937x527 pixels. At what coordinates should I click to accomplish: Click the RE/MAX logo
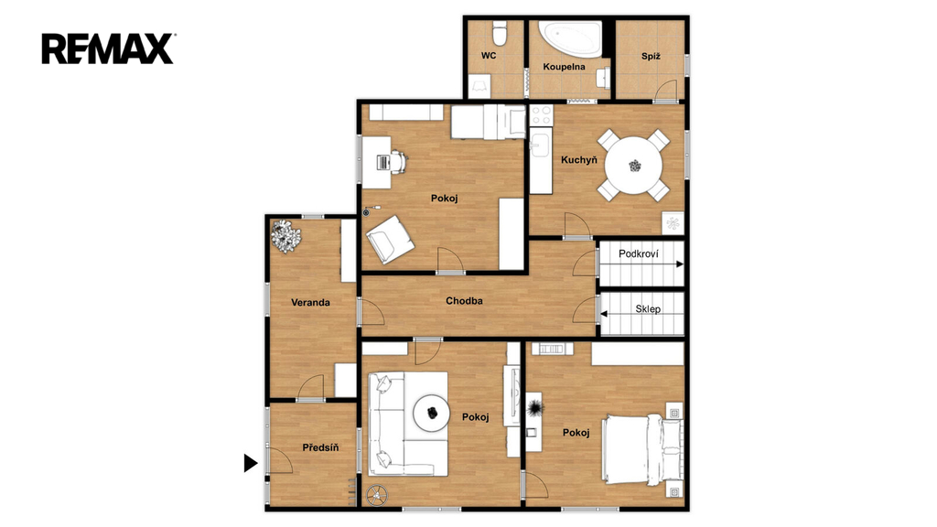(x=108, y=48)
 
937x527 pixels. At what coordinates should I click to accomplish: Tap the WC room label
(x=489, y=56)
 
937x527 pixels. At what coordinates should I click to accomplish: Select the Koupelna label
(x=564, y=66)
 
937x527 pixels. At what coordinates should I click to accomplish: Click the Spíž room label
(x=651, y=56)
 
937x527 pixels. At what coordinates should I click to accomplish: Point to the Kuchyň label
(x=578, y=159)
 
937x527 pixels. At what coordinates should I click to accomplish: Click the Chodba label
(x=464, y=300)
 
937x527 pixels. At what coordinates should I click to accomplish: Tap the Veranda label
(x=310, y=302)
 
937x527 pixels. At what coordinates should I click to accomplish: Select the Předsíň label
(x=320, y=446)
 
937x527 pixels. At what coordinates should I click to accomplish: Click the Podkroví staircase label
(x=638, y=254)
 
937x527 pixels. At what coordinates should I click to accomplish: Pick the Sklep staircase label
(x=648, y=309)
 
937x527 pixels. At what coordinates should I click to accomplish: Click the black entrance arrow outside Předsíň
(x=251, y=462)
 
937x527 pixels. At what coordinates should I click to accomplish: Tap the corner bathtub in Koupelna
(x=570, y=38)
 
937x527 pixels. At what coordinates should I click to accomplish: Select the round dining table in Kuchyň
(x=633, y=165)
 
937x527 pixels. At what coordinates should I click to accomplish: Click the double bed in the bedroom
(x=641, y=450)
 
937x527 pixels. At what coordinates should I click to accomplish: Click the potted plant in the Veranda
(x=285, y=236)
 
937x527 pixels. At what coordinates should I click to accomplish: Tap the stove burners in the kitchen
(x=542, y=115)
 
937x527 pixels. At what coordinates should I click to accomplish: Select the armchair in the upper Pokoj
(x=390, y=239)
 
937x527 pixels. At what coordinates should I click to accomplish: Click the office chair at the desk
(x=397, y=161)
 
